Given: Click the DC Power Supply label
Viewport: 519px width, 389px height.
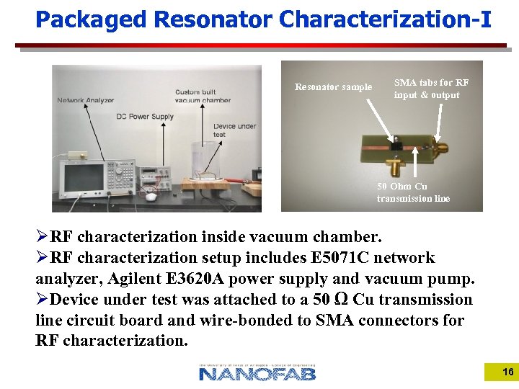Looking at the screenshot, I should (x=145, y=116).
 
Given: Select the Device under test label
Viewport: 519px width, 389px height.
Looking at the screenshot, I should (x=234, y=130).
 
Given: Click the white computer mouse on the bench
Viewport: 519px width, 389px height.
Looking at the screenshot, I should (x=151, y=195).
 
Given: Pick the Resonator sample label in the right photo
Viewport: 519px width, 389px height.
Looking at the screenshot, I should (x=333, y=87).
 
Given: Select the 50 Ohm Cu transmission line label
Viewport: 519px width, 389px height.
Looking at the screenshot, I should (x=413, y=192).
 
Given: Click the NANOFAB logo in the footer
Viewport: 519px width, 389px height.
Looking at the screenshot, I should (x=257, y=372).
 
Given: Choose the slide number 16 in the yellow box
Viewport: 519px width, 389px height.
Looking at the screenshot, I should (x=507, y=372).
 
